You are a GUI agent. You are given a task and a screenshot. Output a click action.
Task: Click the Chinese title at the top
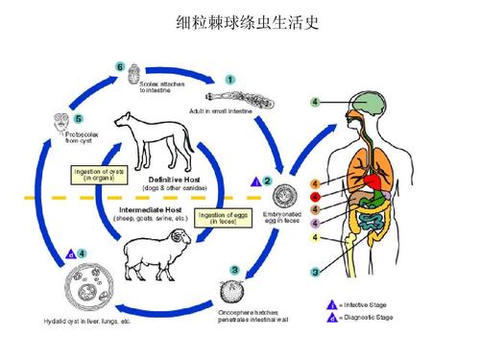(240, 21)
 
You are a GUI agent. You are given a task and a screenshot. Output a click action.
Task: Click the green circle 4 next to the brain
(316, 102)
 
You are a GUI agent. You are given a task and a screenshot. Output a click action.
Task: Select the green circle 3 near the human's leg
(315, 274)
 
